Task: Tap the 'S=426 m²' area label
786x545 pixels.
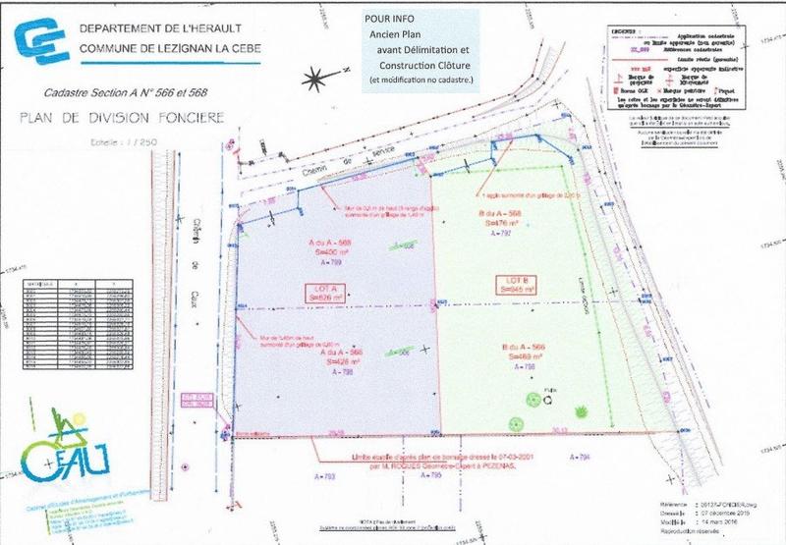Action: tap(337, 360)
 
